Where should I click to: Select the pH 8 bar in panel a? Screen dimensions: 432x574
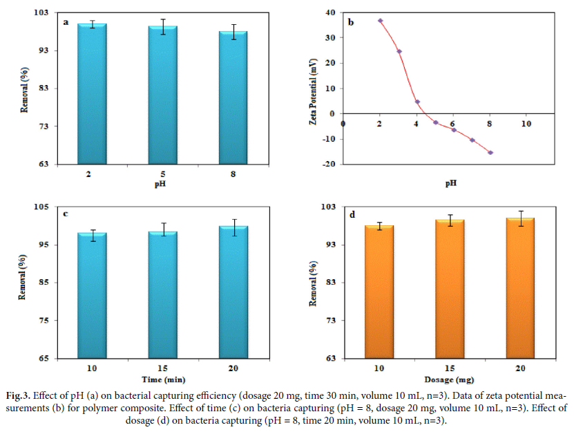click(233, 97)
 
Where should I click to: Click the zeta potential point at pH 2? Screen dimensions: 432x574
click(381, 21)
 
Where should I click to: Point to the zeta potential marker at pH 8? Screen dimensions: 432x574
click(490, 152)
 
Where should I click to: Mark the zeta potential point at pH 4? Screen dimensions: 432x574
click(417, 102)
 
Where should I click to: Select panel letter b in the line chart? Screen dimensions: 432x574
click(350, 23)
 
